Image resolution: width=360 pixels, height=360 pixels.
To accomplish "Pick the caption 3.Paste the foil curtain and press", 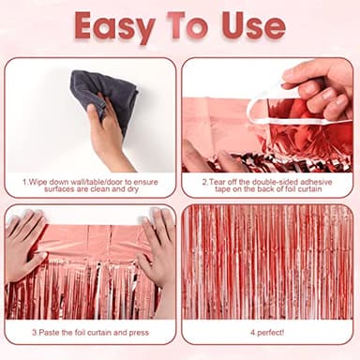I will coord(90,331).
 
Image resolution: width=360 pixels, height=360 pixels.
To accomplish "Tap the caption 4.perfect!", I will coord(270,331).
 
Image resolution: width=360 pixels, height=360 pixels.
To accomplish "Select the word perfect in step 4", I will coord(273,331).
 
